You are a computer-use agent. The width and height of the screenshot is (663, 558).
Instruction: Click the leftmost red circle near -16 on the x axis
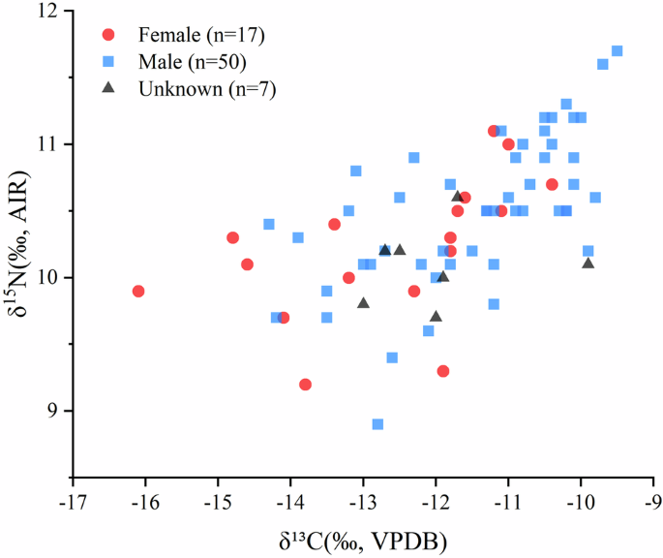click(x=138, y=292)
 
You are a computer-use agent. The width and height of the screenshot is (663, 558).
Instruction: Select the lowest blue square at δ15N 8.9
click(x=377, y=424)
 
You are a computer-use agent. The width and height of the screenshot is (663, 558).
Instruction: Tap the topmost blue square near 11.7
click(x=617, y=51)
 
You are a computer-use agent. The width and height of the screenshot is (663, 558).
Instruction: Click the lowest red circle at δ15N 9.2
click(x=305, y=385)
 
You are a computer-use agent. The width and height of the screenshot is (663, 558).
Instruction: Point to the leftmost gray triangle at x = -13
click(x=363, y=303)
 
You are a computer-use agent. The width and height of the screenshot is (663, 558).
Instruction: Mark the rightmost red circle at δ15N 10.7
click(x=552, y=184)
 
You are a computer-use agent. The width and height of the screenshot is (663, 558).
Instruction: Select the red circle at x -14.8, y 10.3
click(x=232, y=237)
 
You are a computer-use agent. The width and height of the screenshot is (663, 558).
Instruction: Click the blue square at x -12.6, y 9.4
click(x=392, y=357)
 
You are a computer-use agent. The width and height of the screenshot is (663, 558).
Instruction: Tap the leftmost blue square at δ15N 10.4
click(x=269, y=225)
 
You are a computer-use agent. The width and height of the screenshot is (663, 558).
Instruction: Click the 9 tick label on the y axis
click(x=53, y=411)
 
